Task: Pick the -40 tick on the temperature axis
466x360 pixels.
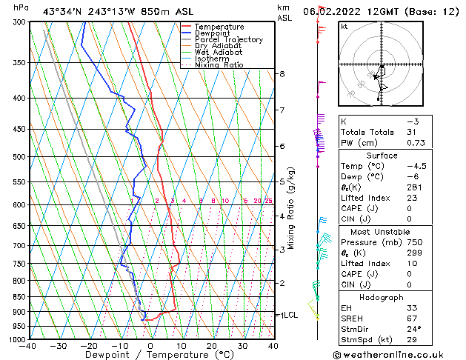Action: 28,346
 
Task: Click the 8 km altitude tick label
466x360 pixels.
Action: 282,74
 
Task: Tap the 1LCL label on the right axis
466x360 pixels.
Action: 288,315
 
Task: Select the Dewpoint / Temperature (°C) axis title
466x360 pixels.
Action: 151,355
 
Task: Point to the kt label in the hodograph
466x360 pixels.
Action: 344,27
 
